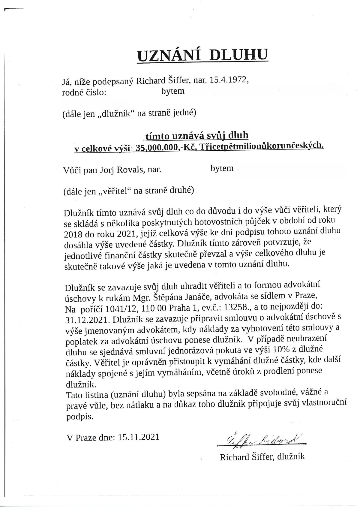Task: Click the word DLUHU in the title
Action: (238, 55)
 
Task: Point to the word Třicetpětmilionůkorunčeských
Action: (261, 147)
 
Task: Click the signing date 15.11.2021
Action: (138, 437)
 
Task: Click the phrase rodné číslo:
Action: (84, 92)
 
